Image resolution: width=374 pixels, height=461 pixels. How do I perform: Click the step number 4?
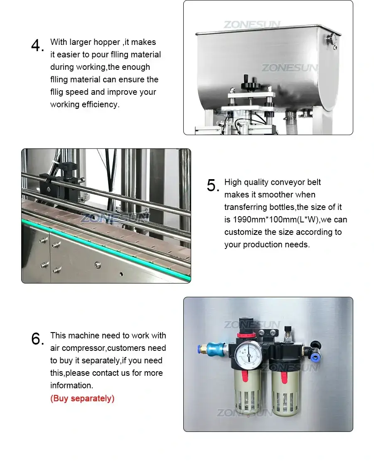(37, 46)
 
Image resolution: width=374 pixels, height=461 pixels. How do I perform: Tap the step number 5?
(213, 186)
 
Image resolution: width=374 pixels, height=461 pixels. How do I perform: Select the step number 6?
(37, 339)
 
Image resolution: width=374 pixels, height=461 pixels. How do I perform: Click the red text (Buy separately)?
(82, 398)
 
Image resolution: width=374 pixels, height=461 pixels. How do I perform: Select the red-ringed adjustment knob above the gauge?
(245, 334)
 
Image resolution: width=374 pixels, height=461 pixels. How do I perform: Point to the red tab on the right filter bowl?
(284, 377)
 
